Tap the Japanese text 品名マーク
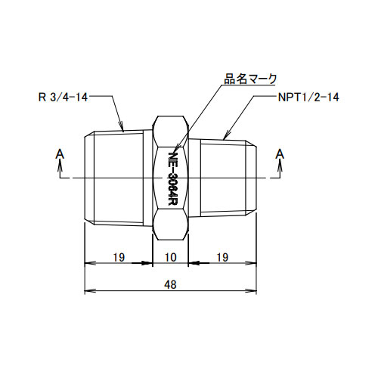point(251,78)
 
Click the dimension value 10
point(171,258)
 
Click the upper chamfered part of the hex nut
point(171,130)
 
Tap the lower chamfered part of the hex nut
point(171,225)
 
